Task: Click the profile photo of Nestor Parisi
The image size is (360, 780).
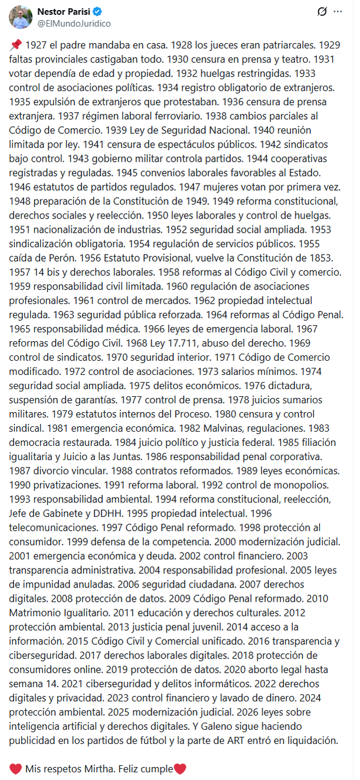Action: click(x=20, y=17)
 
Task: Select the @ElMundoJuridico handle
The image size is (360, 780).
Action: click(x=74, y=23)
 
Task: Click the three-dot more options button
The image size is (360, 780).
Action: click(x=338, y=11)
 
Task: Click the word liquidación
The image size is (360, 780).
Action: click(x=314, y=739)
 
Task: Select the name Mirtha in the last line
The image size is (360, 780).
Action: click(x=107, y=769)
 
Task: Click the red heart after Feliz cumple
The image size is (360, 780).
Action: click(x=181, y=769)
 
